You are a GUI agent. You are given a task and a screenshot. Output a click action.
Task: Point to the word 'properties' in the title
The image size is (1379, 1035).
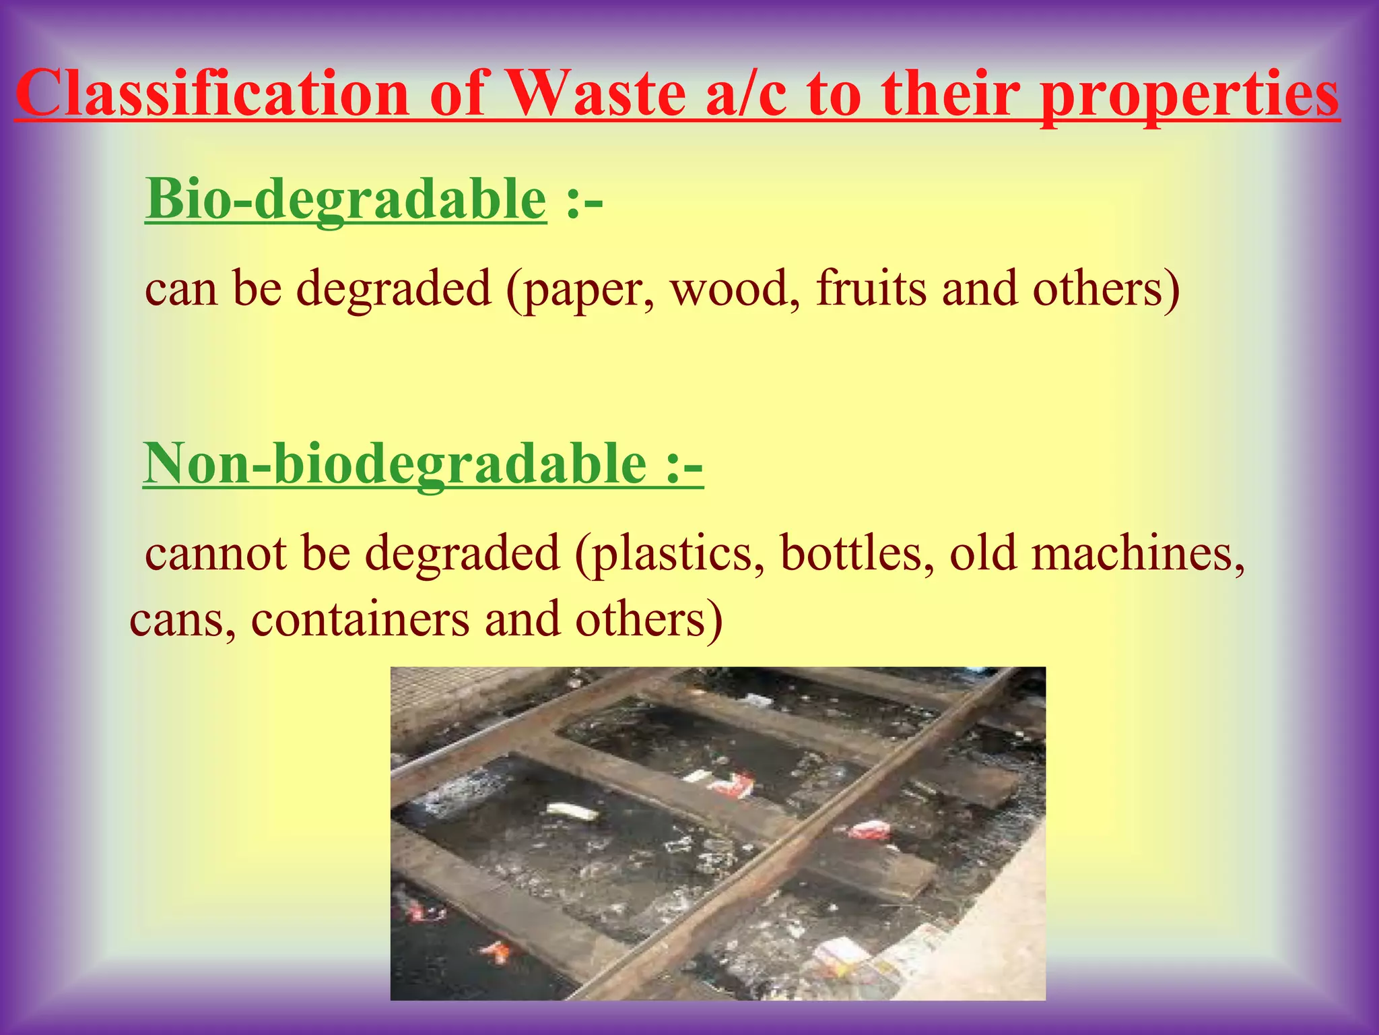point(1189,94)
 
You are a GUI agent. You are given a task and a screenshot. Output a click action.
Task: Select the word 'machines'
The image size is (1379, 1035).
point(1138,553)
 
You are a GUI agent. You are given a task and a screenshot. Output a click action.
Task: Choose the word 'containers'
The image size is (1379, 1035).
point(360,619)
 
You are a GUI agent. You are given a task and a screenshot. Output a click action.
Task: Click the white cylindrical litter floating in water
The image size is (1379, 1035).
point(572,811)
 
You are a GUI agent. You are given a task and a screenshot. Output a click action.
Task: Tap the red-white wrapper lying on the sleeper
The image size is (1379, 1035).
point(730,784)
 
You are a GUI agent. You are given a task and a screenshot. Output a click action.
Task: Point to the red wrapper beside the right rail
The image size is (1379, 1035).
point(869,830)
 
